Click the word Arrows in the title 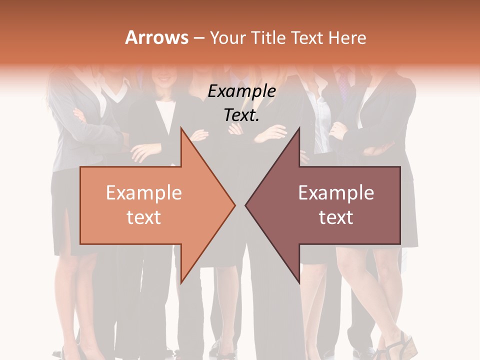(157, 37)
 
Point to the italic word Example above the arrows (242, 91)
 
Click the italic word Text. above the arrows (242, 115)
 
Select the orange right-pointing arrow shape (150, 205)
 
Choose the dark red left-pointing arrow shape (330, 205)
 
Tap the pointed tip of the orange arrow (234, 205)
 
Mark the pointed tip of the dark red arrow (246, 205)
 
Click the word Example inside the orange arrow (144, 193)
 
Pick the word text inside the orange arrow (144, 217)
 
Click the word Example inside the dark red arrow (336, 193)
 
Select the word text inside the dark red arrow (336, 217)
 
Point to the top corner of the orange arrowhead (181, 128)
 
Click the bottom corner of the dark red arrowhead (299, 282)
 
